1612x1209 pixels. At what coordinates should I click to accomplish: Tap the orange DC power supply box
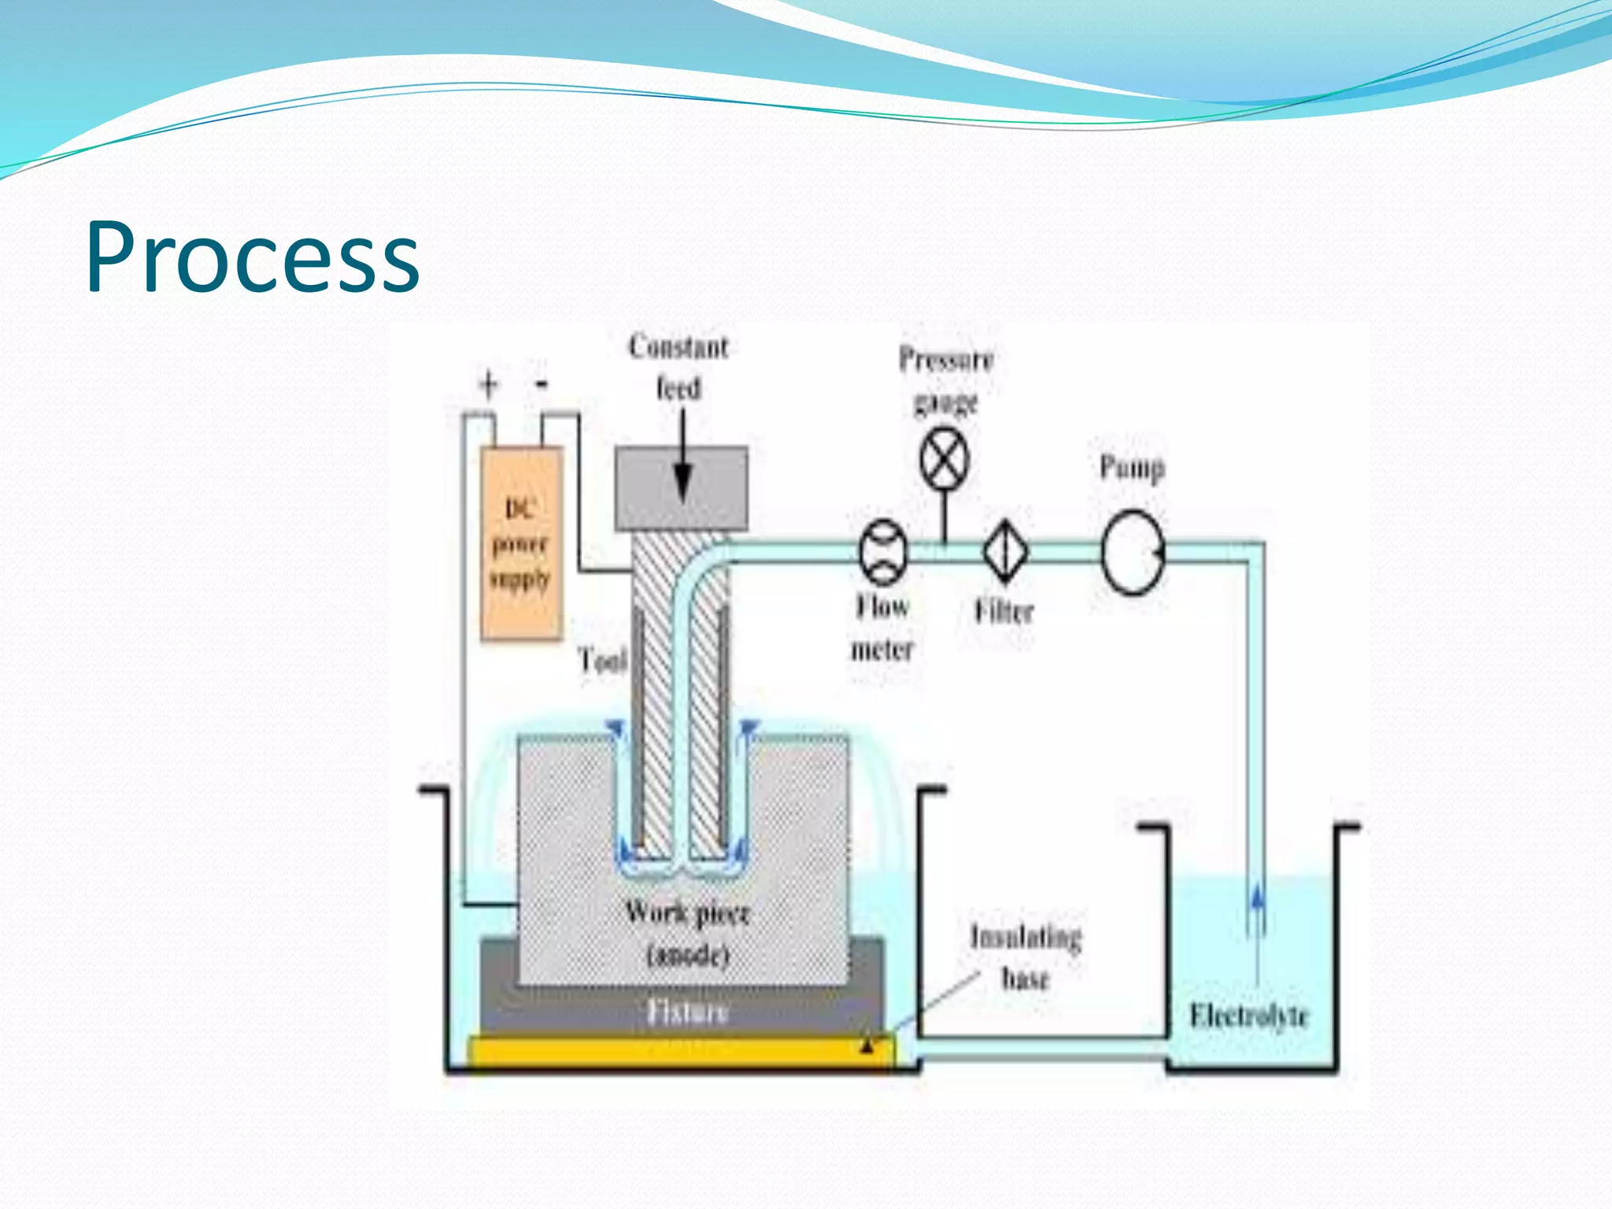point(521,543)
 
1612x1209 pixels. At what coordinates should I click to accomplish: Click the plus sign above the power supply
point(489,385)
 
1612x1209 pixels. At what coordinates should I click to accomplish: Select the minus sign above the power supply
point(542,384)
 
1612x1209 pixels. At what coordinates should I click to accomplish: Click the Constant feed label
point(678,367)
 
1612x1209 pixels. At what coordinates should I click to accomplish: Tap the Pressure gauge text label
point(946,379)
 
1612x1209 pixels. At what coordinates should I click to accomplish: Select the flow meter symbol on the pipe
point(883,552)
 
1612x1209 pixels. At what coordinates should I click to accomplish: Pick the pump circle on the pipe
point(1132,552)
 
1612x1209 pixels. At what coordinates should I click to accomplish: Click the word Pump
point(1132,468)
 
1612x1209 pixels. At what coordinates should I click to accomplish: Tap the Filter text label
point(1004,612)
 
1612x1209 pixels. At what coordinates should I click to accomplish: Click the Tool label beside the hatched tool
point(602,660)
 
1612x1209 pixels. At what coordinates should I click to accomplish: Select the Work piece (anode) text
point(687,933)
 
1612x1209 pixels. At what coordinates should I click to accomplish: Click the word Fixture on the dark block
point(687,1011)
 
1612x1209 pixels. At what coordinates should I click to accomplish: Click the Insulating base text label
point(1026,956)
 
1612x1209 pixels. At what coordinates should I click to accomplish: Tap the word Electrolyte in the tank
point(1248,1015)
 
